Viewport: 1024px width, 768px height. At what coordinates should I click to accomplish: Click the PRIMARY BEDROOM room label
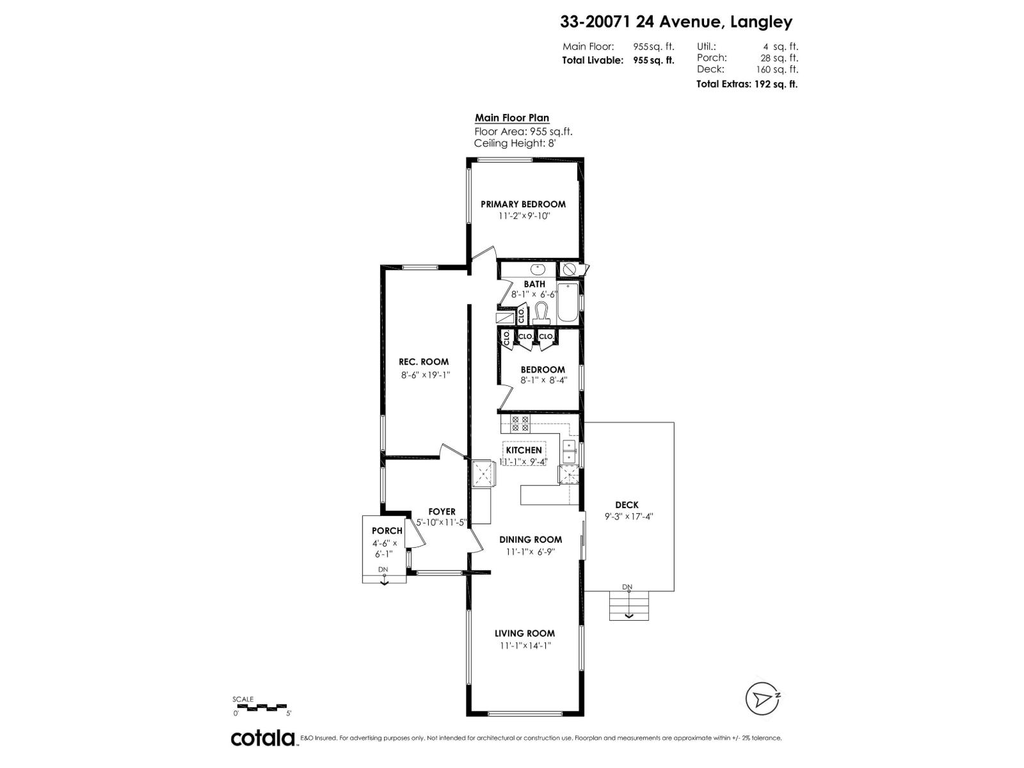[523, 204]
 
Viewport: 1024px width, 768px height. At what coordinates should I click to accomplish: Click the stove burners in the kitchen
[520, 423]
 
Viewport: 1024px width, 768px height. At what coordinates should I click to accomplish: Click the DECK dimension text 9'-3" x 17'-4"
[627, 517]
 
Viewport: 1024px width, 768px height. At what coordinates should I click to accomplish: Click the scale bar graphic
[262, 707]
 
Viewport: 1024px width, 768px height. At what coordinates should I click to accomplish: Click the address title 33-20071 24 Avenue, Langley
[676, 22]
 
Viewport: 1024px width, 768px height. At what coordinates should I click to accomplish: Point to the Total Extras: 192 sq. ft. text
[747, 84]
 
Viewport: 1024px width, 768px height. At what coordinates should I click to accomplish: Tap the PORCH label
[387, 531]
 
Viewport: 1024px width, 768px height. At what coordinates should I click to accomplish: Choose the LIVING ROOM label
[525, 633]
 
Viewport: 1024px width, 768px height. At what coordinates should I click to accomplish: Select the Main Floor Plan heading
[512, 118]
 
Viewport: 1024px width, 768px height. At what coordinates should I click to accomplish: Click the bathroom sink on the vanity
[536, 269]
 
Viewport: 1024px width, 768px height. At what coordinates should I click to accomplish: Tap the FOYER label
[442, 511]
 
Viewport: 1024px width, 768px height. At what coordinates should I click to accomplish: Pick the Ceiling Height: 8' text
[515, 143]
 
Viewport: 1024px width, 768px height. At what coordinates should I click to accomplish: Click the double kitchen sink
[568, 451]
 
